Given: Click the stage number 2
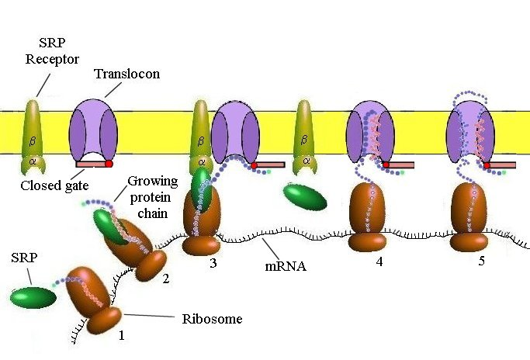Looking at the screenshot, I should [x=165, y=280].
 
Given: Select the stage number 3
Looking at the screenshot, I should [x=212, y=262].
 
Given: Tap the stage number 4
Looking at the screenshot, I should [x=379, y=262].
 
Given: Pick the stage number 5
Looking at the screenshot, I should [x=481, y=261].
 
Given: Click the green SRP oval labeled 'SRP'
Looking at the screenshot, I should [x=34, y=297].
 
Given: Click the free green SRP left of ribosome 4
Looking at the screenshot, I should [x=304, y=197].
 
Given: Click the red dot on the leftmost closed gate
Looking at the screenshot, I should [x=109, y=164].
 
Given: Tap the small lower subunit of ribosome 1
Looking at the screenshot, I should [x=102, y=320].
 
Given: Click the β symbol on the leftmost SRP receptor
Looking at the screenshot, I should [x=33, y=142].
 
